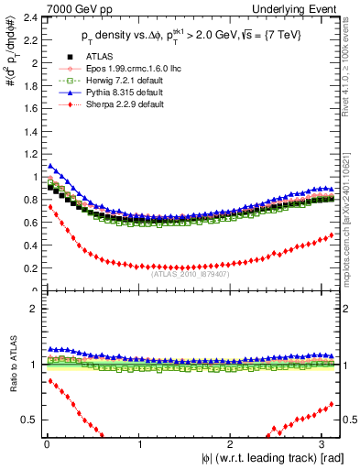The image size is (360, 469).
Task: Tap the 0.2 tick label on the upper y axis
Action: [x=29, y=268]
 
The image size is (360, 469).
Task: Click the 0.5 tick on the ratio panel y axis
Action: [x=29, y=420]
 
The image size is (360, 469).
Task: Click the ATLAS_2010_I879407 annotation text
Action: [x=189, y=273]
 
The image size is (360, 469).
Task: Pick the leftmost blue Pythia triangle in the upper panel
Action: [x=49, y=166]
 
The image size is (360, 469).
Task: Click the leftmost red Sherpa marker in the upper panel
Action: [x=49, y=207]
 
